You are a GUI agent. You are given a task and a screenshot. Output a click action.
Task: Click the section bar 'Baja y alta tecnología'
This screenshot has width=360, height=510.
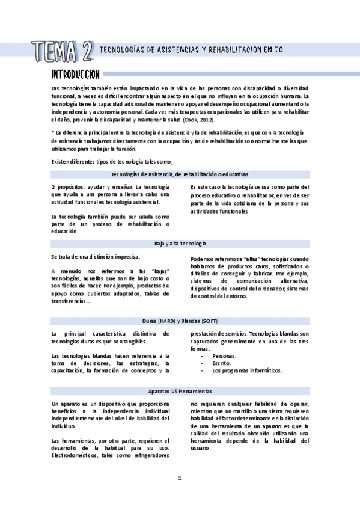pyautogui.click(x=180, y=243)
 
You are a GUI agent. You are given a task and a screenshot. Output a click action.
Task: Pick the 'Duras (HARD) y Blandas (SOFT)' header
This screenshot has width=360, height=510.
pyautogui.click(x=180, y=321)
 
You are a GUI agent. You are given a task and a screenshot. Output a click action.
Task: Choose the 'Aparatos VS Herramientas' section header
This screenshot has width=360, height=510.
pyautogui.click(x=180, y=391)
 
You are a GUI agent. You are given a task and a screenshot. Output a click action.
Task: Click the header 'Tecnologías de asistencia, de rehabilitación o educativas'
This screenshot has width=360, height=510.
pyautogui.click(x=180, y=174)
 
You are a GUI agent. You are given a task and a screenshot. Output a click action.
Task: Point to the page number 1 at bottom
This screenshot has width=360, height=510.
pyautogui.click(x=180, y=478)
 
